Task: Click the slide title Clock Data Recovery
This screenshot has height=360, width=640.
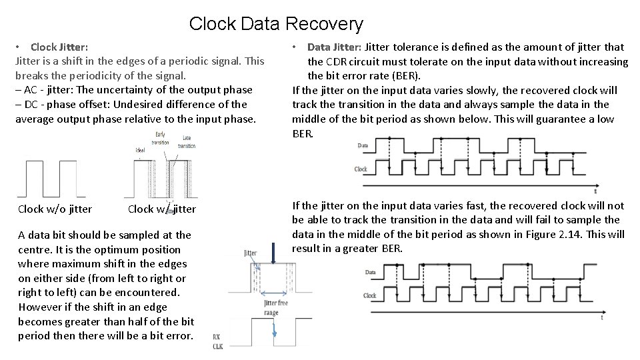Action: point(276,24)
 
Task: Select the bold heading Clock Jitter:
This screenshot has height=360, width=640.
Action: point(59,47)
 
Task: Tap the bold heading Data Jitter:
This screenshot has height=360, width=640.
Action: point(335,47)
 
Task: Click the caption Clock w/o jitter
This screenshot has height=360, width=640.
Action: point(55,209)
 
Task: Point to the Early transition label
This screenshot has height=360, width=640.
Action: point(160,138)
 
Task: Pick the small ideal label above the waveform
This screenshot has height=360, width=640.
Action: point(141,149)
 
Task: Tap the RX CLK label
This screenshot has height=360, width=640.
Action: point(218,341)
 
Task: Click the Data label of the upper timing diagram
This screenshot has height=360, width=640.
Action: point(363,145)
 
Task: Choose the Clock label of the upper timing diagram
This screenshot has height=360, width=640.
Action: point(361,169)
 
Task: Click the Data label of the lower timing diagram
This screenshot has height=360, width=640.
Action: point(369,273)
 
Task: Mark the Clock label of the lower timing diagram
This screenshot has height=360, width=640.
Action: point(369,295)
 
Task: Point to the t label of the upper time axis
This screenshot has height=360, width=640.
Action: point(595,191)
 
